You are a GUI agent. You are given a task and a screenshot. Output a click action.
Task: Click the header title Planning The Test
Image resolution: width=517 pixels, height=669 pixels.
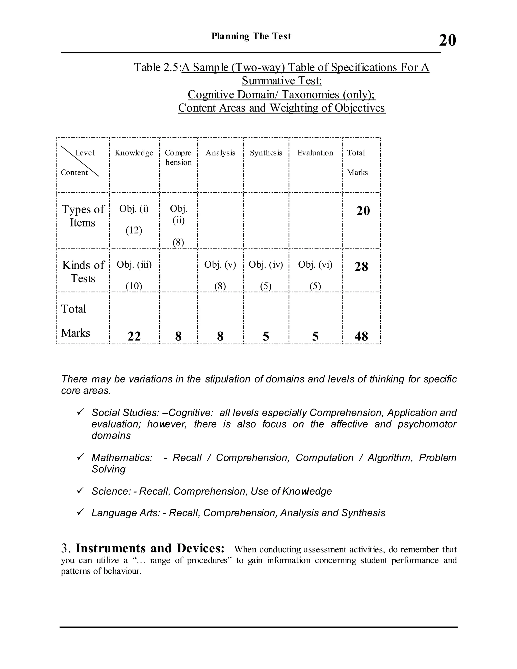[x=251, y=36]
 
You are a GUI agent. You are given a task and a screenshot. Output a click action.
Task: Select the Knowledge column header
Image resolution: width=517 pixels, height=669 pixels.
[x=134, y=152]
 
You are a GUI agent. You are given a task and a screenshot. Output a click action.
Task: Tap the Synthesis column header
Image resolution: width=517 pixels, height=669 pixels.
[x=266, y=152]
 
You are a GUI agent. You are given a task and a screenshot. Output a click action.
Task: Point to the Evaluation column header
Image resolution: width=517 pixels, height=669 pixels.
[x=315, y=152]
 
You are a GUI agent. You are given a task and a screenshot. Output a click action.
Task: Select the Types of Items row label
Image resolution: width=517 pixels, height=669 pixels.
[x=83, y=216]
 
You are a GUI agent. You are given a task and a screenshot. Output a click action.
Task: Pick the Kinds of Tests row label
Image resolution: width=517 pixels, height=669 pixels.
[x=83, y=271]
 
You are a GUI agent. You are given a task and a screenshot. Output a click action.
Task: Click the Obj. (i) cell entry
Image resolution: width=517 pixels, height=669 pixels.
[x=134, y=209]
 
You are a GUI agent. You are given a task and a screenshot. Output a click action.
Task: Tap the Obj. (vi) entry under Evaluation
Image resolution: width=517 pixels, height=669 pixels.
[x=315, y=264]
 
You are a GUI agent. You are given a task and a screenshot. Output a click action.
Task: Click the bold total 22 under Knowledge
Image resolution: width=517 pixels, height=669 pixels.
[x=134, y=336]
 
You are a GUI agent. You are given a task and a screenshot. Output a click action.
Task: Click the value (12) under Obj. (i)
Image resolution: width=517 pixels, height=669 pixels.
[x=134, y=230]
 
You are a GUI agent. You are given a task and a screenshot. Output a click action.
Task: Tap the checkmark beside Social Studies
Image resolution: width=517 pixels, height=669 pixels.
[x=80, y=412]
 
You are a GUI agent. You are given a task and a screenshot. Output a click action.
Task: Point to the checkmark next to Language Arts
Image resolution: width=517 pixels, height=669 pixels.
[x=80, y=512]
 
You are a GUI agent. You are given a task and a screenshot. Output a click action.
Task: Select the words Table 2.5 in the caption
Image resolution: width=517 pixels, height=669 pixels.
[x=156, y=67]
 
